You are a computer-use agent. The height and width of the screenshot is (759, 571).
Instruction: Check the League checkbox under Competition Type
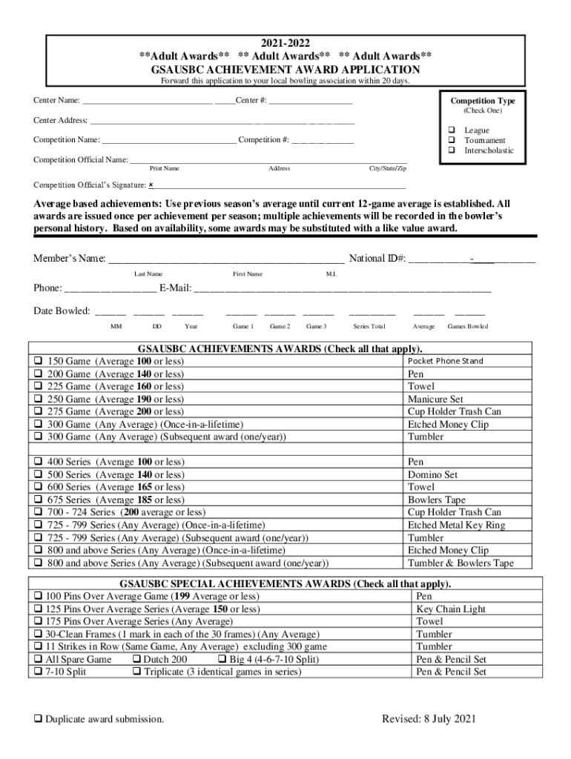pos(449,130)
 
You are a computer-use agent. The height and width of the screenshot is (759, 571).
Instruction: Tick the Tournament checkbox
pos(449,140)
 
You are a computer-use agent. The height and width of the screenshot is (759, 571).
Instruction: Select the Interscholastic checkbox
pos(449,150)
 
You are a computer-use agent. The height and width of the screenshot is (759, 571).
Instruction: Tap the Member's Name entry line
pos(226,259)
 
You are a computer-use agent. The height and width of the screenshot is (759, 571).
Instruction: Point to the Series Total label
pos(369,327)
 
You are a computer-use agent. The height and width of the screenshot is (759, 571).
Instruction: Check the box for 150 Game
pos(37,362)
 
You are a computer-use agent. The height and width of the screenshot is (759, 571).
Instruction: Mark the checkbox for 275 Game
pos(37,412)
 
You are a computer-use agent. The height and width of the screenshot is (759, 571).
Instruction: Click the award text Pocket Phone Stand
pos(446,361)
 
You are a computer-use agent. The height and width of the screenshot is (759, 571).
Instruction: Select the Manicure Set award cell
pos(435,399)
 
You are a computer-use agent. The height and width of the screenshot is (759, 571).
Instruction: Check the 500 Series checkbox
pos(37,475)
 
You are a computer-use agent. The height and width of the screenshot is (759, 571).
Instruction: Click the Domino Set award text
pos(432,475)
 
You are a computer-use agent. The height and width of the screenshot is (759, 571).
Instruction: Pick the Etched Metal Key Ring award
pos(456,526)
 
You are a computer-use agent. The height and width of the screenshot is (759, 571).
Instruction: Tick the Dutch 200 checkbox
pos(136,660)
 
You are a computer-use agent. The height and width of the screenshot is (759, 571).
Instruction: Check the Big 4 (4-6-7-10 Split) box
pos(222,660)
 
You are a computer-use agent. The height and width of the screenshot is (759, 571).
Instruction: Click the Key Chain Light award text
pos(451,609)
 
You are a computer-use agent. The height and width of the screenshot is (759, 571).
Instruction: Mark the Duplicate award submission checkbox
pos(37,720)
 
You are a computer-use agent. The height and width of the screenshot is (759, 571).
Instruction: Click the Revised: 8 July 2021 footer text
pos(429,719)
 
